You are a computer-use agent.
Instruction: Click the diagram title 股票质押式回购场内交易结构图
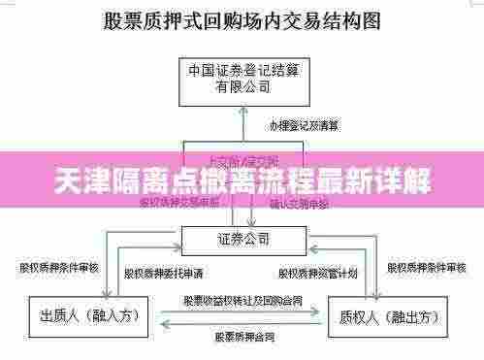tap(242, 20)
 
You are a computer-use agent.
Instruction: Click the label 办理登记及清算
tap(304, 126)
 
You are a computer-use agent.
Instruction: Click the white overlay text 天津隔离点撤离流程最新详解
tap(242, 180)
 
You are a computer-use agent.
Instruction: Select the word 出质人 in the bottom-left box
tap(60, 317)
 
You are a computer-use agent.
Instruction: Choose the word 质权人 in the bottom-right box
tap(362, 317)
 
